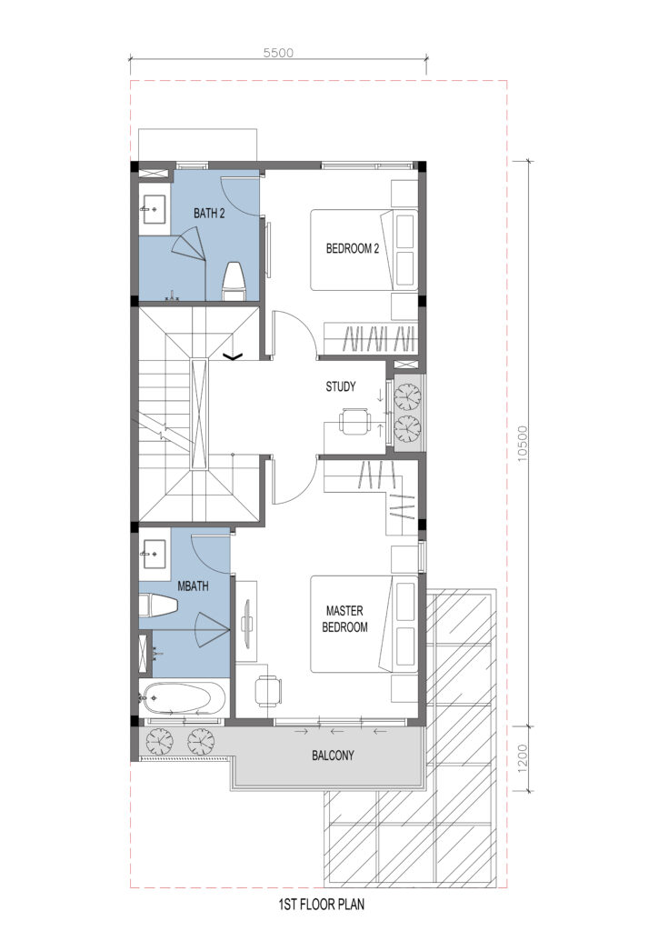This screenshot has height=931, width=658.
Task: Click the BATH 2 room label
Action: (209, 213)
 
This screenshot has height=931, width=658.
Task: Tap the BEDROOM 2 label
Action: (353, 249)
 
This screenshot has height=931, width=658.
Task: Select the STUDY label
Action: (341, 386)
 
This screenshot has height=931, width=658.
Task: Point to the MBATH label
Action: (193, 586)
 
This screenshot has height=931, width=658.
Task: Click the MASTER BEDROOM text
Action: (344, 618)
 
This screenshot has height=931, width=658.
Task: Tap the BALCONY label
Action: (333, 756)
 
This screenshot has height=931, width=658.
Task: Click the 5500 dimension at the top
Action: (278, 53)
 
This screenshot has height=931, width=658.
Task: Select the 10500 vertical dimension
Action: (522, 444)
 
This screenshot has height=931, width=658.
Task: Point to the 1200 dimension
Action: (523, 759)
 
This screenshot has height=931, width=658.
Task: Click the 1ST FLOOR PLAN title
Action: (322, 905)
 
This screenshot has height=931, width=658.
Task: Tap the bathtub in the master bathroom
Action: (183, 699)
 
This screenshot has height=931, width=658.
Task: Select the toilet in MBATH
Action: (158, 606)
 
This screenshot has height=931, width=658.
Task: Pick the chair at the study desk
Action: (354, 422)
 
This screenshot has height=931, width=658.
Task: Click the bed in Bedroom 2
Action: (364, 249)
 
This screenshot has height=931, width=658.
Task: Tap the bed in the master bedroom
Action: (364, 624)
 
